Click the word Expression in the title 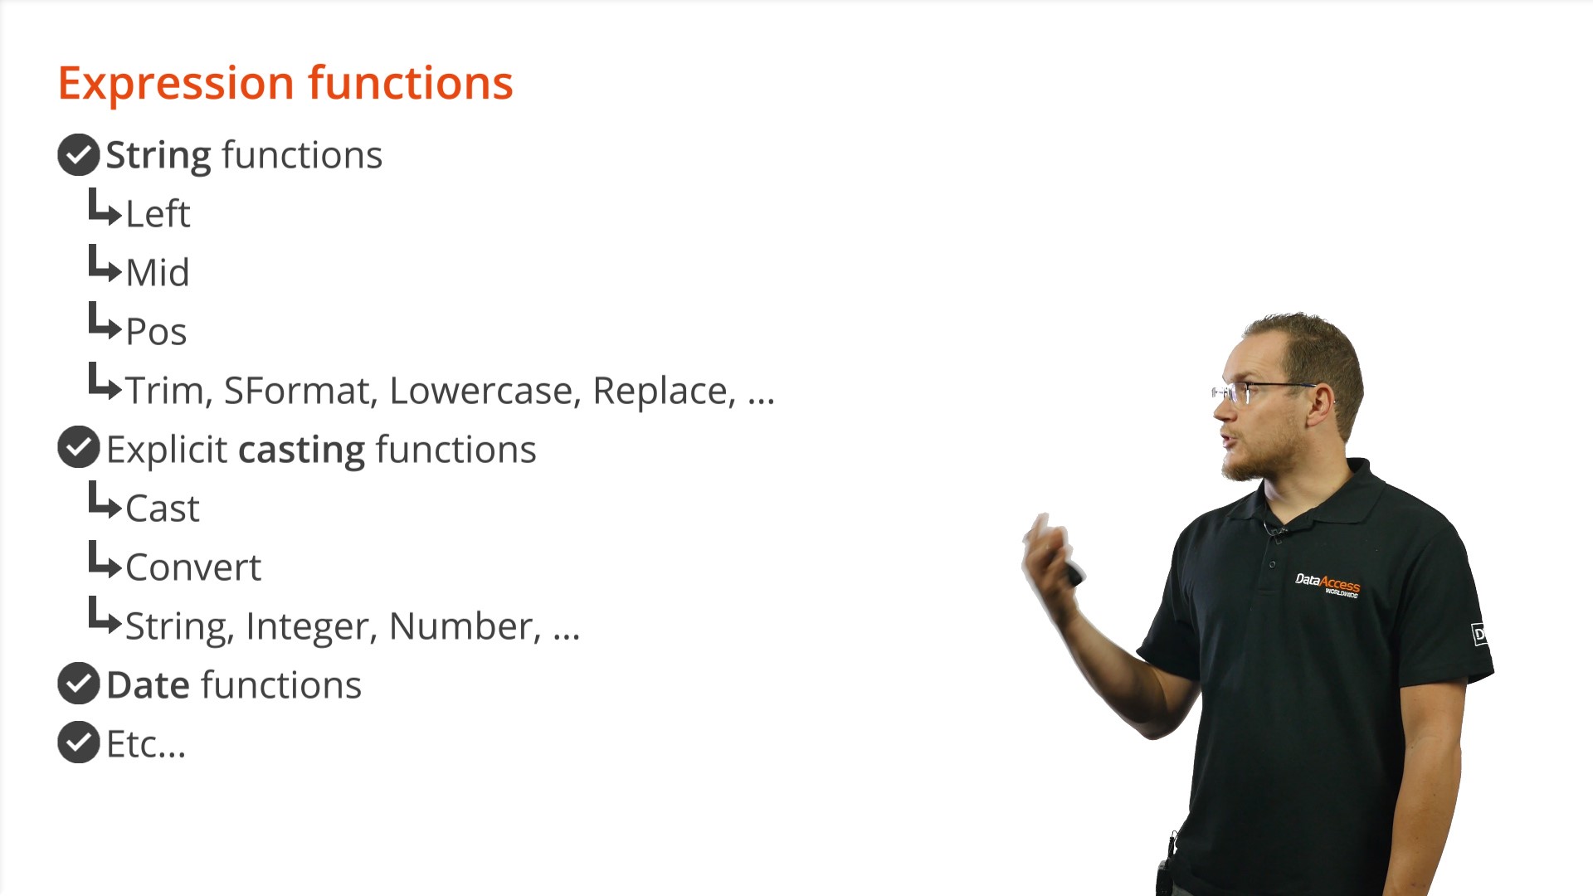(x=176, y=85)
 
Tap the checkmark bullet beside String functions (x=79, y=154)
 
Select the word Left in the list (x=158, y=213)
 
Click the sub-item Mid (x=158, y=272)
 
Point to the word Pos (x=156, y=332)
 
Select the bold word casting (x=301, y=450)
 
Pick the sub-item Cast (x=163, y=509)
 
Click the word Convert (x=193, y=567)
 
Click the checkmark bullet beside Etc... (x=79, y=742)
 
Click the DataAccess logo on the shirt (x=1327, y=584)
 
